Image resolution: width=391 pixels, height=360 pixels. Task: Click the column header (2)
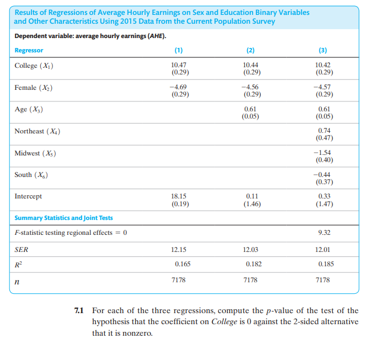[251, 50]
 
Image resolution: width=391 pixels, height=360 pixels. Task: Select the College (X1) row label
[34, 66]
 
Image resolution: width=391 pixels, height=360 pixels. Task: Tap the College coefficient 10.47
[180, 65]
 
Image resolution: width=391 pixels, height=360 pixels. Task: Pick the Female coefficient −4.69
[180, 87]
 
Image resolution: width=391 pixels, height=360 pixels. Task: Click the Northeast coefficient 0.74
[324, 130]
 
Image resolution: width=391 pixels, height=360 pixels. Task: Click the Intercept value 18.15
[180, 196]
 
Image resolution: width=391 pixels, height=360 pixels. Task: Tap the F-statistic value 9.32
[324, 232]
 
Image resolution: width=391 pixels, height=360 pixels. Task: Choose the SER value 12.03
[251, 249]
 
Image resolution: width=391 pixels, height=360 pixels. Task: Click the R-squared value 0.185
[326, 264]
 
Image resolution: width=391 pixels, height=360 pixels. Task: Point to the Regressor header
[29, 50]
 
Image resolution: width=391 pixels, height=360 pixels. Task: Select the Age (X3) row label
[29, 109]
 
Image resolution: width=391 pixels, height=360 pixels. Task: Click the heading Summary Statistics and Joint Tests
[63, 218]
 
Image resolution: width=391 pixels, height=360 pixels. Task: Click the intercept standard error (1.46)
[251, 203]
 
